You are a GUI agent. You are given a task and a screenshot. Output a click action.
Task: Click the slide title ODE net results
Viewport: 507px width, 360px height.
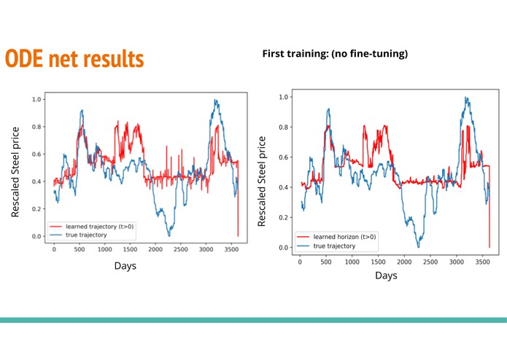click(x=74, y=58)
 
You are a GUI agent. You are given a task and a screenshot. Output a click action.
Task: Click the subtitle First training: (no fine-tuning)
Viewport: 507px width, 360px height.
click(x=334, y=53)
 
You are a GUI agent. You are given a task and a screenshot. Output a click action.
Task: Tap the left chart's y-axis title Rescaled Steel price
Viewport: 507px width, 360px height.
click(x=15, y=171)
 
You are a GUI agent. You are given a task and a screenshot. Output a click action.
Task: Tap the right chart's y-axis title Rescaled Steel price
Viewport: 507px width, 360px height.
click(x=262, y=179)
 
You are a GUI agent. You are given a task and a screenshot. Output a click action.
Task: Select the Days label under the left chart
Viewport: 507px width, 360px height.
click(x=125, y=265)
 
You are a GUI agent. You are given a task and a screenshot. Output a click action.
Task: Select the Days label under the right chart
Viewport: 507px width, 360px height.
click(x=387, y=275)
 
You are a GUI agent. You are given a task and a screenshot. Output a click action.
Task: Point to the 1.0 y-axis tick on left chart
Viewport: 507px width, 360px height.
click(x=36, y=99)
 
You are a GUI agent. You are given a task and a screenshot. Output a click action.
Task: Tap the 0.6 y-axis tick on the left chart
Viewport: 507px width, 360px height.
click(x=36, y=154)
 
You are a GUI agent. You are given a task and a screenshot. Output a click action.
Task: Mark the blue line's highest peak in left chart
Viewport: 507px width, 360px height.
click(x=216, y=100)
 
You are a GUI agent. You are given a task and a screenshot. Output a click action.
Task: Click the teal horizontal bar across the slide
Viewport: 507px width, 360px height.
click(x=253, y=320)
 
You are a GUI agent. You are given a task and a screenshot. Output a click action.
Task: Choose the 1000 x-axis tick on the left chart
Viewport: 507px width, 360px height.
click(x=104, y=249)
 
